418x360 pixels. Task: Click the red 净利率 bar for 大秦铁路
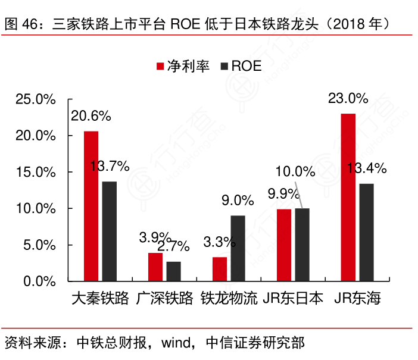click(91, 206)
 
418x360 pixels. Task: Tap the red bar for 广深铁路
click(155, 267)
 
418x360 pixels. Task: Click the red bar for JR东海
click(348, 197)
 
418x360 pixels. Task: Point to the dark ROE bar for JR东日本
click(302, 245)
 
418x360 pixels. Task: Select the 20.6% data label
click(91, 116)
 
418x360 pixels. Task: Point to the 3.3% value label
click(220, 242)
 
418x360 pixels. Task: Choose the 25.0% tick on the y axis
click(36, 99)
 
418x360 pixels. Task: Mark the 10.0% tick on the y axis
click(36, 209)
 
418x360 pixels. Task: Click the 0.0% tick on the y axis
click(39, 281)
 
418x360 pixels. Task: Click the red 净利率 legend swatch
click(160, 66)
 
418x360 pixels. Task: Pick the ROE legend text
click(247, 66)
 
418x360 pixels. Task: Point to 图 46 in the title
click(21, 24)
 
